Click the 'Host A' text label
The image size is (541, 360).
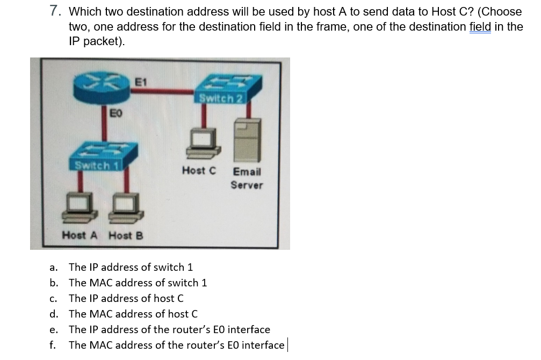[x=80, y=235]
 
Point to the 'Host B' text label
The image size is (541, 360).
[x=126, y=235]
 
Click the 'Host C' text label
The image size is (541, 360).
[x=199, y=170]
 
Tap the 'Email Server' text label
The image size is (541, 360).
[x=247, y=178]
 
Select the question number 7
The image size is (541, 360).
[x=54, y=11]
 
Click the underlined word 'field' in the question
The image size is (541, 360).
[x=480, y=26]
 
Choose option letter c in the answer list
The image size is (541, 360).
[x=53, y=299]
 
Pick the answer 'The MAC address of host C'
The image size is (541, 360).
[x=133, y=314]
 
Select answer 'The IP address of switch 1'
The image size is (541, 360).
[x=131, y=267]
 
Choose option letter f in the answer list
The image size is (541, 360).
[x=52, y=345]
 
